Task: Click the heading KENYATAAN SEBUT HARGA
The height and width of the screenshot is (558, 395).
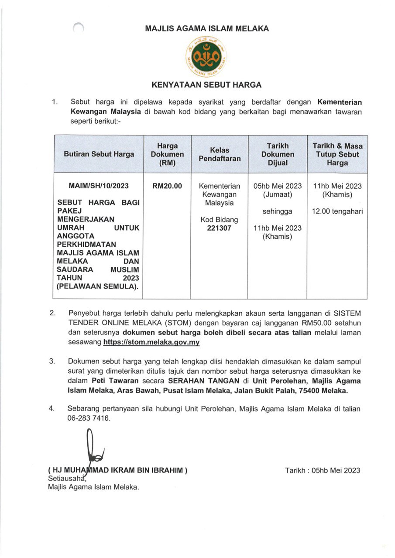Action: pyautogui.click(x=206, y=85)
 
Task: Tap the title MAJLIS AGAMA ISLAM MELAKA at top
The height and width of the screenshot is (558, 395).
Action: pyautogui.click(x=207, y=29)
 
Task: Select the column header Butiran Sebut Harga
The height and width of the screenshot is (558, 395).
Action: pyautogui.click(x=99, y=154)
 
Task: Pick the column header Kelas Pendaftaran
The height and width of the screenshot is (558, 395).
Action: pyautogui.click(x=220, y=154)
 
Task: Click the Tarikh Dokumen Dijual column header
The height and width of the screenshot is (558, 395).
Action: pyautogui.click(x=278, y=154)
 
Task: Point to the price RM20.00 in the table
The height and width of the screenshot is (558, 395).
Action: pyautogui.click(x=167, y=186)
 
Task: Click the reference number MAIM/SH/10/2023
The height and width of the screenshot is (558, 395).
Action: pyautogui.click(x=99, y=186)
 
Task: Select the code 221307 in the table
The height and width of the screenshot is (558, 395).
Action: pyautogui.click(x=220, y=228)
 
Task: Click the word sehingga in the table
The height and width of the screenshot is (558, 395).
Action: pyautogui.click(x=278, y=211)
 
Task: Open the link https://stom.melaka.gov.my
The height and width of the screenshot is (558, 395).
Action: pyautogui.click(x=151, y=343)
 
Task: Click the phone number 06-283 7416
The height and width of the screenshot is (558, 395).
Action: pyautogui.click(x=89, y=418)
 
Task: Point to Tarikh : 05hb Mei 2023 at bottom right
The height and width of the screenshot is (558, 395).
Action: pyautogui.click(x=323, y=470)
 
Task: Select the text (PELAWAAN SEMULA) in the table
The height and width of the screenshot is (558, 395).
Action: pyautogui.click(x=99, y=286)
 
